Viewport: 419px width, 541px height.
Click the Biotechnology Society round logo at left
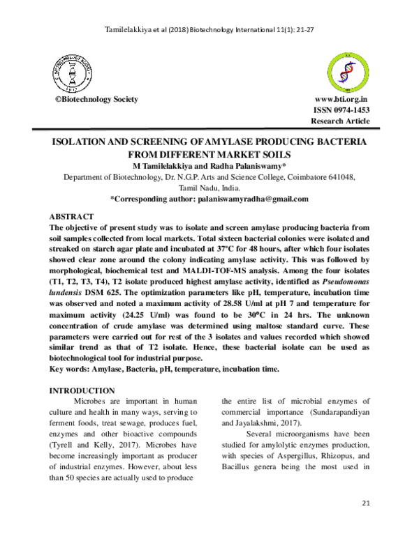tap(72, 73)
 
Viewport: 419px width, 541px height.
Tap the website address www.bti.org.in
tap(342, 100)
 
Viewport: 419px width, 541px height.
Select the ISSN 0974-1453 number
tap(341, 110)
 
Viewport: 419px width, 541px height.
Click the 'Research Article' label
tap(340, 121)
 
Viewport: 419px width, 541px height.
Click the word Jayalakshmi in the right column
tap(260, 422)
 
